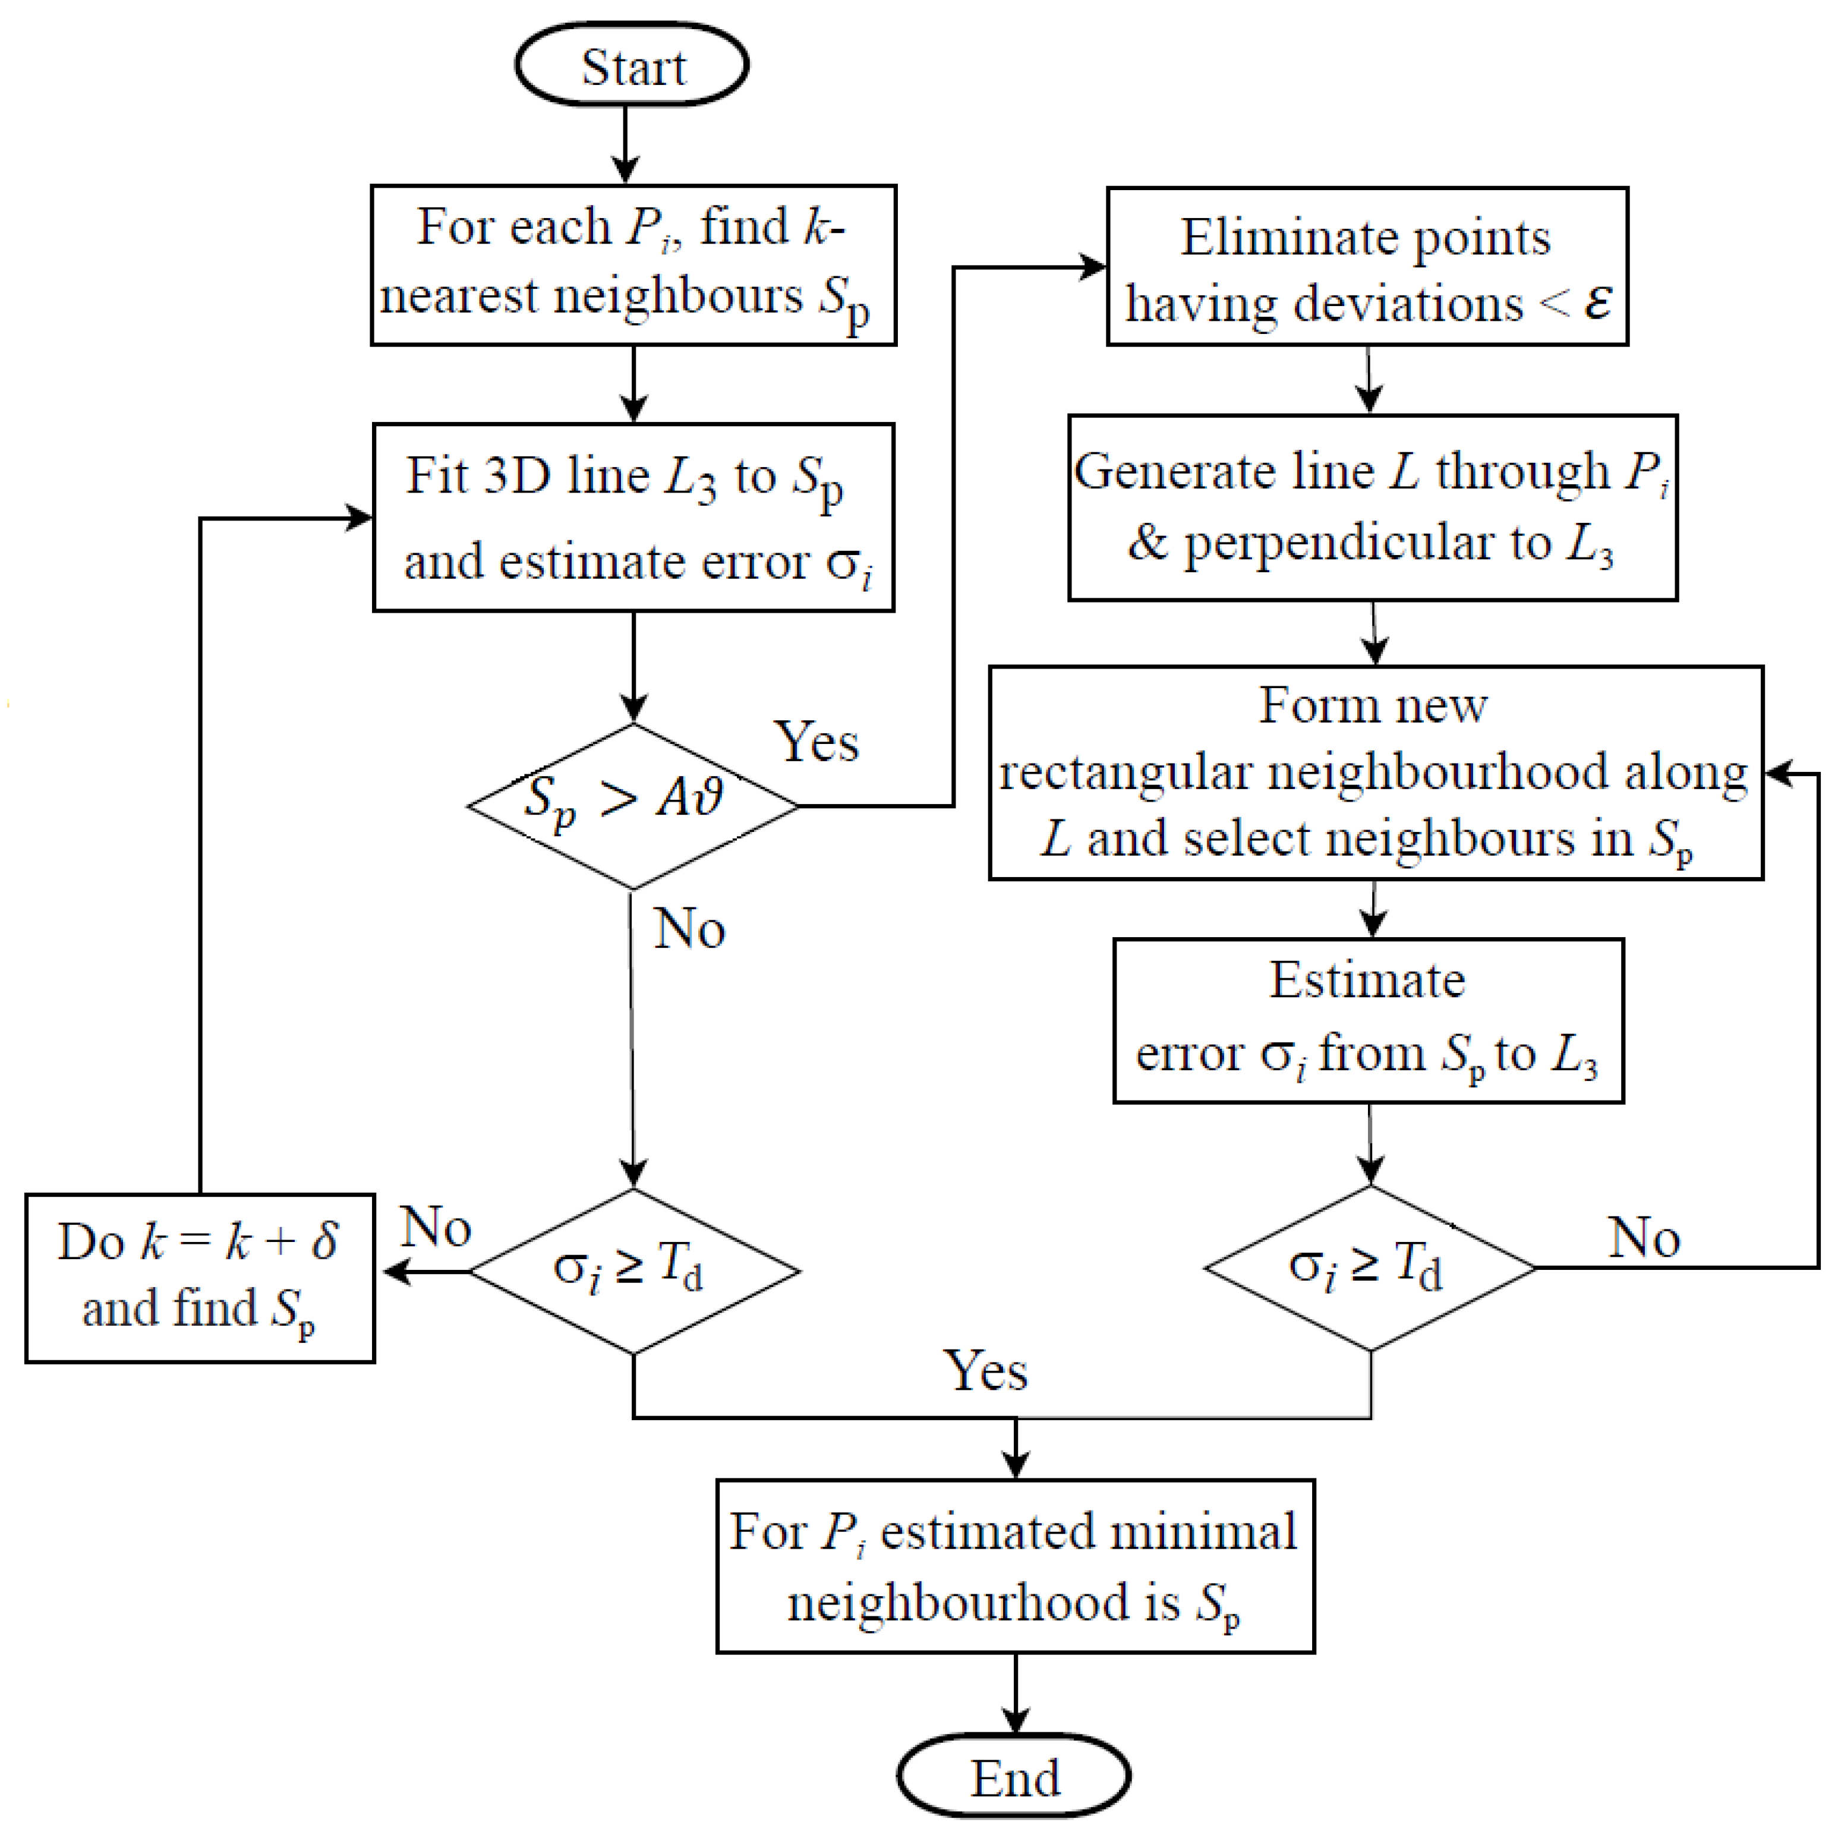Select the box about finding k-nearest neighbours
[x=633, y=264]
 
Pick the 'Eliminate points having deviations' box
[x=1367, y=266]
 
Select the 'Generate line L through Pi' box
[x=1372, y=507]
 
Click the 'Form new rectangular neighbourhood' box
[x=1376, y=773]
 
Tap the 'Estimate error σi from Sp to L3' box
[x=1368, y=1020]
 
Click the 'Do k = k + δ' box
[x=200, y=1278]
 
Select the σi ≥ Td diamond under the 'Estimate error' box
[x=1370, y=1267]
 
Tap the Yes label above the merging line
[x=986, y=1371]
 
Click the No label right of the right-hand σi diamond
[x=1644, y=1238]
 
